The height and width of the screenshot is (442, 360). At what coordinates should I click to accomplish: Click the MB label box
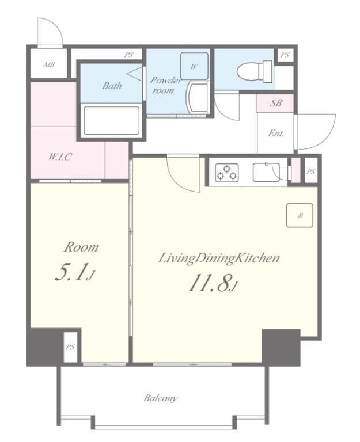[x=48, y=64]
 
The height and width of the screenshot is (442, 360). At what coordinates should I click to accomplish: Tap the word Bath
[x=112, y=86]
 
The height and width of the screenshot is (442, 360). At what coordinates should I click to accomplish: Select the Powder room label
[x=165, y=85]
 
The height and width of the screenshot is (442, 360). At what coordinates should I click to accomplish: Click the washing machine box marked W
[x=194, y=66]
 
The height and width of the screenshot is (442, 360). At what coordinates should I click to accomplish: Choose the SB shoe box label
[x=276, y=104]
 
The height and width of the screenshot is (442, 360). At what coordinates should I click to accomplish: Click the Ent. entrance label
[x=275, y=133]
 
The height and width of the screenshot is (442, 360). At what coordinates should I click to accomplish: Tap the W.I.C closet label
[x=60, y=157]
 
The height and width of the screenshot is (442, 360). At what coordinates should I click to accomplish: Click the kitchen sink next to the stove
[x=268, y=172]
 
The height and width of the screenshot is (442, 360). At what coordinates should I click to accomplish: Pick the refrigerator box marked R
[x=300, y=216]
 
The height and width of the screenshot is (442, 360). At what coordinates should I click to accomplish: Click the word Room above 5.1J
[x=81, y=247]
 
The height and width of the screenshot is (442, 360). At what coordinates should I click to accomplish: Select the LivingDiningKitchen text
[x=219, y=258]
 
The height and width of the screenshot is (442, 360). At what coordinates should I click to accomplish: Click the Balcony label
[x=161, y=398]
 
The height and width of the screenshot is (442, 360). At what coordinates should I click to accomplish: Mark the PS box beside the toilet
[x=284, y=56]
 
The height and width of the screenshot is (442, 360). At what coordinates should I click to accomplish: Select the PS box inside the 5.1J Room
[x=70, y=347]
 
